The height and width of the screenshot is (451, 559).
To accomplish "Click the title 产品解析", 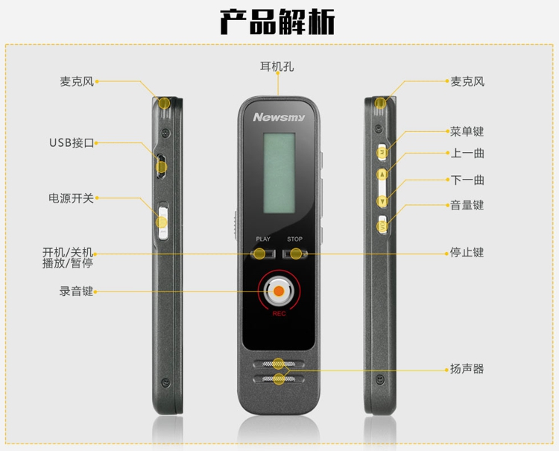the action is (277, 22).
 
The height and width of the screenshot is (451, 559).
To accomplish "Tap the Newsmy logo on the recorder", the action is (279, 117).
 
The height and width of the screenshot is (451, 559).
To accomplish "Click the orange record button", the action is (279, 291).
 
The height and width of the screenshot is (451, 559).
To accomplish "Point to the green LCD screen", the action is (279, 173).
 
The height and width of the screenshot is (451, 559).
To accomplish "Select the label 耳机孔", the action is (277, 66).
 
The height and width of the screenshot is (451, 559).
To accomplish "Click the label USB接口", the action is (72, 143).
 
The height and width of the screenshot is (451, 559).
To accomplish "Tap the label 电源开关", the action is (71, 198).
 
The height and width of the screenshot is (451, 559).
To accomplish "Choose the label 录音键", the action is (76, 291).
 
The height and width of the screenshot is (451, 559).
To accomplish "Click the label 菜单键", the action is (467, 131).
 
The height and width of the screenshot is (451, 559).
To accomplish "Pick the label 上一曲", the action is (467, 154).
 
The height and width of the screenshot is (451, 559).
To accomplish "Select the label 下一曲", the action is (467, 180).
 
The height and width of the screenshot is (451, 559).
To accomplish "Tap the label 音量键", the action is (467, 205).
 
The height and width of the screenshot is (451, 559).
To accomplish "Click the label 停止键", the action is (467, 253).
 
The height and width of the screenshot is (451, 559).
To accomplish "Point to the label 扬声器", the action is (467, 369).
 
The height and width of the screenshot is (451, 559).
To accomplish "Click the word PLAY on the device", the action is (263, 239).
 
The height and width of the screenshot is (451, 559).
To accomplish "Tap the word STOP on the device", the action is (295, 239).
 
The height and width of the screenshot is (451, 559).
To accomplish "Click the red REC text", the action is (279, 314).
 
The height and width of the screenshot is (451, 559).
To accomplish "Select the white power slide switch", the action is (163, 222).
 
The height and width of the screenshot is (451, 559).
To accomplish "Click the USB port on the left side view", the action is (161, 165).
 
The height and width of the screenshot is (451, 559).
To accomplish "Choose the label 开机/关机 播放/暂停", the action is (68, 258).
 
